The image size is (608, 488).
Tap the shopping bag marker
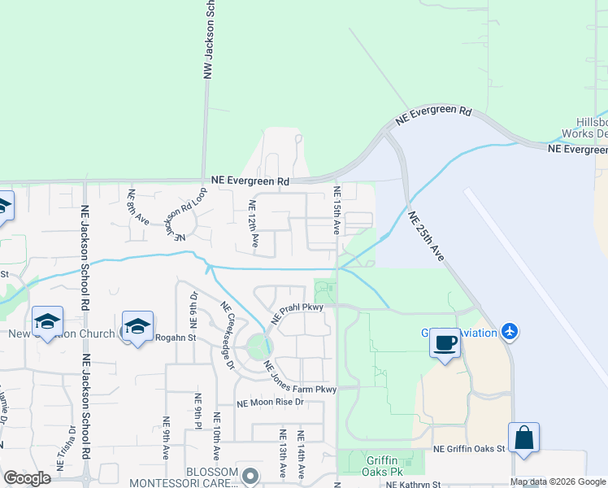[524, 437]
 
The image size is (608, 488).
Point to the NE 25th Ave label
[428, 237]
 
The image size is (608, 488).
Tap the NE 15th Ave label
[337, 210]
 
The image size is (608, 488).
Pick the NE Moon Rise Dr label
[270, 403]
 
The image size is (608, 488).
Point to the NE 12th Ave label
[254, 223]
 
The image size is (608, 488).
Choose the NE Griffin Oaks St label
[469, 448]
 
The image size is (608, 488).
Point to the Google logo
[27, 478]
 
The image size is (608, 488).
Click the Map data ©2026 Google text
[558, 481]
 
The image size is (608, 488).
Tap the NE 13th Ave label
[283, 454]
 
